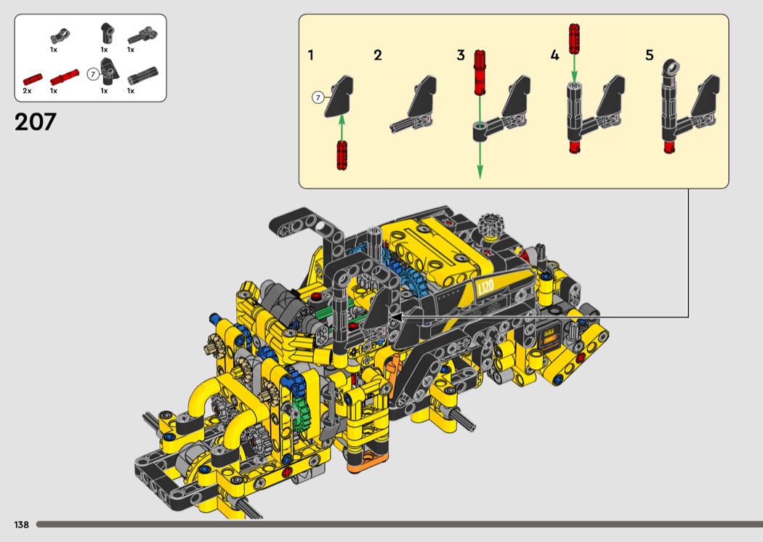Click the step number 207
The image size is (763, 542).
pos(36,121)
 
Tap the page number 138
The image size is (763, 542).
pos(21,525)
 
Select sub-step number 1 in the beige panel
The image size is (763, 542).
pos(311,55)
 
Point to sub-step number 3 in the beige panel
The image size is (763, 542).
pos(460,55)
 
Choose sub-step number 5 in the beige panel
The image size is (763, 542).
pos(649,55)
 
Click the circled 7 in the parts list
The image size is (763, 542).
pos(92,74)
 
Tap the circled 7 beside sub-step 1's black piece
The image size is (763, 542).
pos(318,98)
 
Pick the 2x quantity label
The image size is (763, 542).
pos(27,91)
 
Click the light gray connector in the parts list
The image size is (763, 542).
pos(61,36)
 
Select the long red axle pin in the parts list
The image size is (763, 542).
pos(64,77)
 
